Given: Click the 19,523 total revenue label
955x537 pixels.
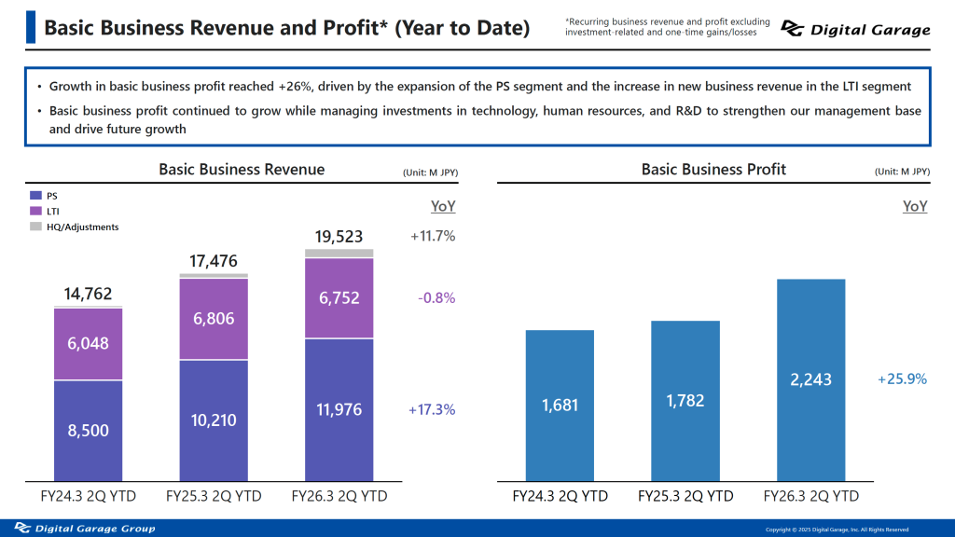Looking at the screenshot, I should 339,237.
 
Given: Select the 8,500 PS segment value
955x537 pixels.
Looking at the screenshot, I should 88,430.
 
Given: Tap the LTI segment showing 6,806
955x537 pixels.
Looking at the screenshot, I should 214,318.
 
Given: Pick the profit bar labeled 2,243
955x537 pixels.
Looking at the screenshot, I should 810,379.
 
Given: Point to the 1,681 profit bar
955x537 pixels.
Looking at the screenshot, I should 560,406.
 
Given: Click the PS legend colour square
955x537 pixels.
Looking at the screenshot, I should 35,196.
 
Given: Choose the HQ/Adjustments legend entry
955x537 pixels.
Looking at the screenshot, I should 82,227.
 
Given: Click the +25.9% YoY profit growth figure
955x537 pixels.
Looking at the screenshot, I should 902,379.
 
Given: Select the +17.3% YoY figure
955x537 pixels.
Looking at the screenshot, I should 432,409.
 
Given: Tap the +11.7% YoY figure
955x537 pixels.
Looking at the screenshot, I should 432,237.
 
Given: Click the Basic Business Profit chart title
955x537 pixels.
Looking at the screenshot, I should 713,170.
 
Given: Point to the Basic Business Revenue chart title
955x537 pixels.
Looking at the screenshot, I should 242,170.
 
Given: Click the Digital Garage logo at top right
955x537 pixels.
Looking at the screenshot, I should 855,30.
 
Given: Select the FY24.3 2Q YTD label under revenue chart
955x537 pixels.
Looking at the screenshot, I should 88,496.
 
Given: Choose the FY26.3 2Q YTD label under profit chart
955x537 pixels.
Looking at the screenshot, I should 810,496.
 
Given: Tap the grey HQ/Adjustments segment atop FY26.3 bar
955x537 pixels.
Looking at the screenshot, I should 339,253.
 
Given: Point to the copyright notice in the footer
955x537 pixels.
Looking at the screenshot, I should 837,530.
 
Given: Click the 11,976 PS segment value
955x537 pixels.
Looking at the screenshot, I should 339,409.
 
